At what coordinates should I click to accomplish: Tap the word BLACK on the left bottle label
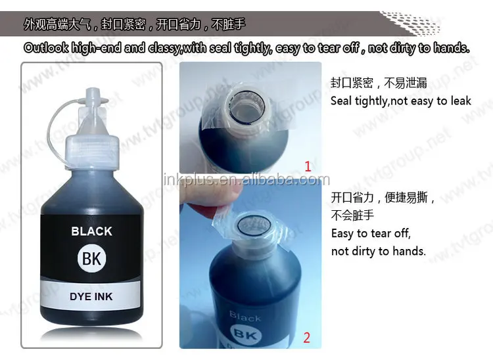[91, 231]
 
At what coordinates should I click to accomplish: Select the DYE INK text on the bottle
[91, 296]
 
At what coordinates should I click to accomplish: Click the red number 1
[307, 166]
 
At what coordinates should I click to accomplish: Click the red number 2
[306, 338]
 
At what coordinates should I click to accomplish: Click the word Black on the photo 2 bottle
[245, 317]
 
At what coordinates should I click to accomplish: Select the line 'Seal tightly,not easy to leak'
[400, 101]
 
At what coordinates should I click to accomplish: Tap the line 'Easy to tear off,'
[370, 233]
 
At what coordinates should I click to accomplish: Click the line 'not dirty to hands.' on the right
[378, 251]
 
